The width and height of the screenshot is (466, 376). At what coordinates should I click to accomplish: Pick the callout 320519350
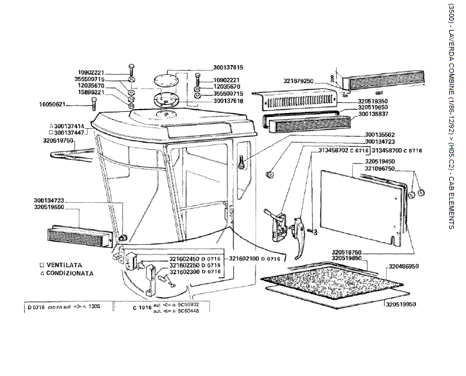(x=375, y=101)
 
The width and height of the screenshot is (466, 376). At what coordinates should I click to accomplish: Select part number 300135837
(x=375, y=113)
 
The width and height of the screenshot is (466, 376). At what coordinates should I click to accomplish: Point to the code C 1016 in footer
(x=141, y=307)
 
